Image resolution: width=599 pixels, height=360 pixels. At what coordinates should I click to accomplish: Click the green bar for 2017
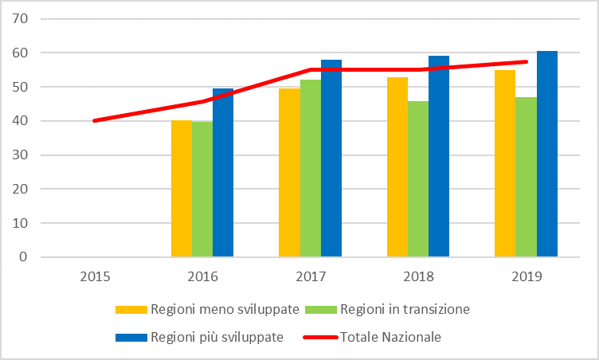(x=311, y=168)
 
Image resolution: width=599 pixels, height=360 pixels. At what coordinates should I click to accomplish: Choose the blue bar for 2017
(x=331, y=158)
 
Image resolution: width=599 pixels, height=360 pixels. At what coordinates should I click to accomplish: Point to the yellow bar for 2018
(x=397, y=167)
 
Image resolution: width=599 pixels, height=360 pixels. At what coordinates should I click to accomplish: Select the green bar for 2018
(x=418, y=179)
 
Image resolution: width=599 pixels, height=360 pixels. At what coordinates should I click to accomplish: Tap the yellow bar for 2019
(x=505, y=163)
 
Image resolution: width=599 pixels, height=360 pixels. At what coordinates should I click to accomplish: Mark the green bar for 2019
(x=526, y=177)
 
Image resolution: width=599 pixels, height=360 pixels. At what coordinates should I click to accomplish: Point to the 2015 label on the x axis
(x=95, y=276)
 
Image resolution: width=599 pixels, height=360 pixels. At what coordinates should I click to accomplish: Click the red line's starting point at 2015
(x=95, y=120)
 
